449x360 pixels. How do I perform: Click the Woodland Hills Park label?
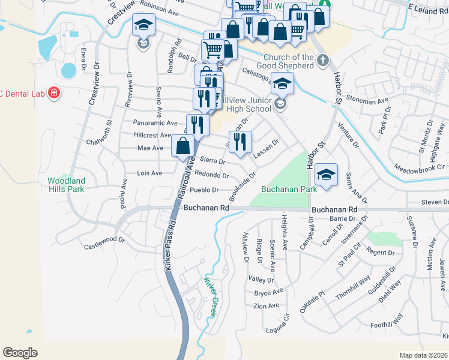[x=66, y=185]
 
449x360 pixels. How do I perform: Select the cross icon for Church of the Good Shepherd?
[x=323, y=60]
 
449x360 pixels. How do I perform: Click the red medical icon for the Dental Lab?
[x=54, y=93]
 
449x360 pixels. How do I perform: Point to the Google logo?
[x=20, y=353]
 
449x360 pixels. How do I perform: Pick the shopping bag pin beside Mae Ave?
[x=183, y=145]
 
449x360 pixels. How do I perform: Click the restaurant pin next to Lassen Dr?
[x=240, y=142]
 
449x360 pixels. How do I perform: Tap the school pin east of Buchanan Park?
[x=326, y=175]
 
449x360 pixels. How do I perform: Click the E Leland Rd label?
[x=428, y=7]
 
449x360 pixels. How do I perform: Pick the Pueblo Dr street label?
[x=203, y=190]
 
